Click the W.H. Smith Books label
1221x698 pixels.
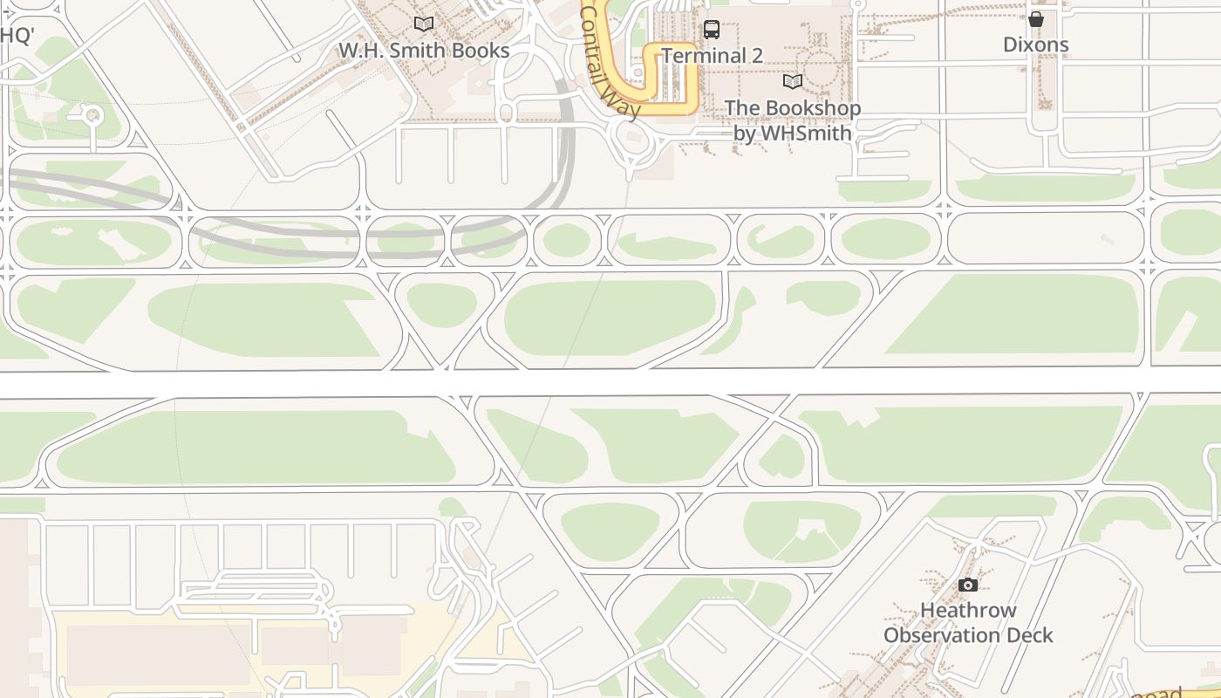pos(424,51)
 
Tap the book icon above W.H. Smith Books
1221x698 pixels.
pos(424,24)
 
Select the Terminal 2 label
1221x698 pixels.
pos(712,56)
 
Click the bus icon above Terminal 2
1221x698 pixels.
pos(712,30)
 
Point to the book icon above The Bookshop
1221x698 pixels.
pos(792,82)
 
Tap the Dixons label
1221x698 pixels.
pos(1035,44)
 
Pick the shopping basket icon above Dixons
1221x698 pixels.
pos(1035,18)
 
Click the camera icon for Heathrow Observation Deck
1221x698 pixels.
pos(967,585)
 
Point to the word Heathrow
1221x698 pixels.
pos(968,611)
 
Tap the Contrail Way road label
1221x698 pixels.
pos(610,61)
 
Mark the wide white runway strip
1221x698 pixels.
pos(610,382)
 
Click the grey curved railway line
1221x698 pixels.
pos(262,229)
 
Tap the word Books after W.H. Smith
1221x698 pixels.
pos(481,51)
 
